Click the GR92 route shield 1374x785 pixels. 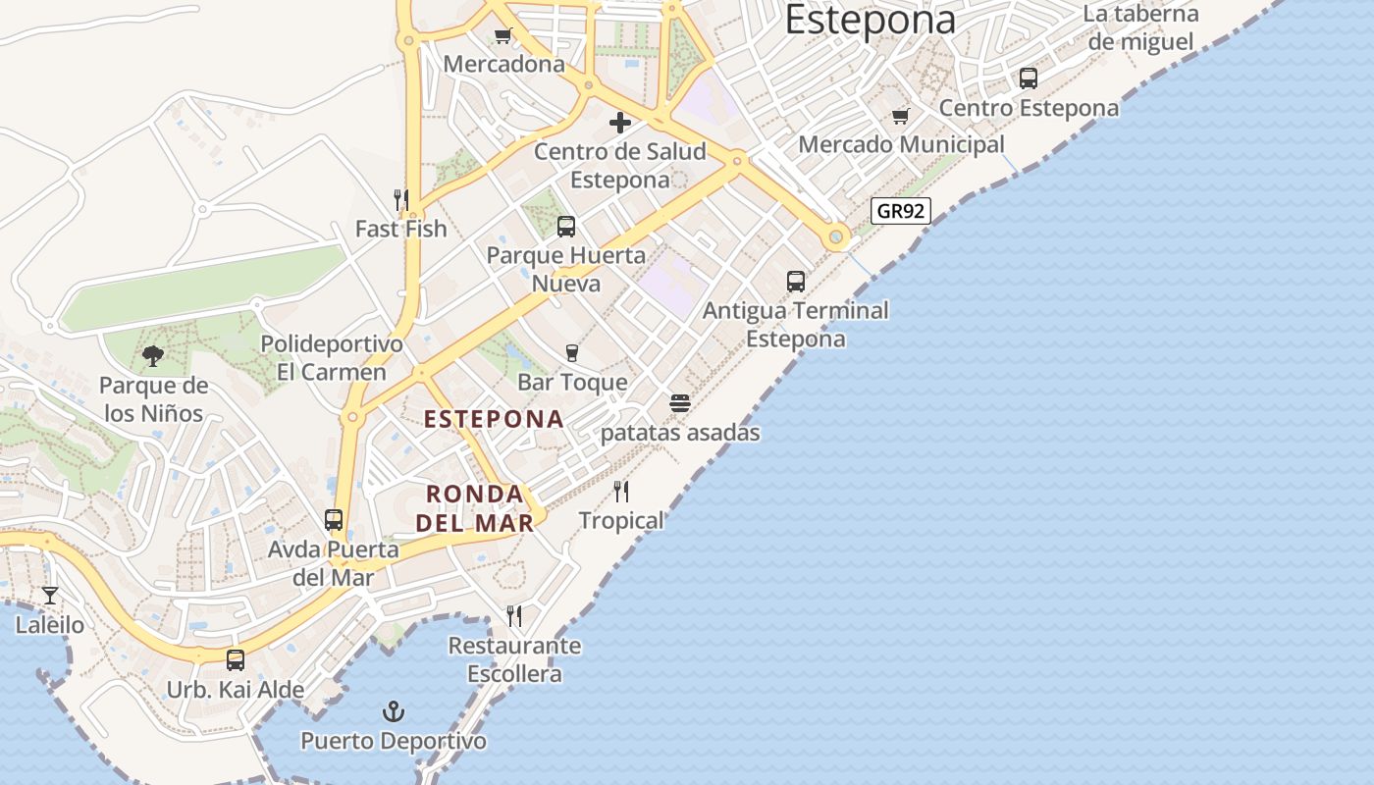point(900,211)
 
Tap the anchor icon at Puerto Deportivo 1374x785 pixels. point(394,710)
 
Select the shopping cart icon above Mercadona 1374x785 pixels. point(503,36)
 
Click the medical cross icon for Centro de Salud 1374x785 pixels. point(620,123)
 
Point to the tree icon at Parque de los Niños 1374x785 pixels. point(152,356)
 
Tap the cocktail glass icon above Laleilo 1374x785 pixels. point(50,595)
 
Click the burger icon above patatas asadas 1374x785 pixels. point(680,403)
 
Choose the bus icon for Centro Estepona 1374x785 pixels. point(1029,78)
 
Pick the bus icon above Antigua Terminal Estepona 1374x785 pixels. point(796,282)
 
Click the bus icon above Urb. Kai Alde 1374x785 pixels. point(236,660)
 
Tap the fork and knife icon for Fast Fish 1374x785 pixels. point(400,200)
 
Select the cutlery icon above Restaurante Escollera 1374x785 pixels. point(514,616)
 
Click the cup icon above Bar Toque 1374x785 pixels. point(572,353)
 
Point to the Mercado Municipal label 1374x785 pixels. point(901,145)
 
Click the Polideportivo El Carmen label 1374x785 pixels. point(332,358)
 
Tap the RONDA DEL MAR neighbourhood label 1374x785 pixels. point(476,507)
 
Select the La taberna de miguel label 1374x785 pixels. point(1141,27)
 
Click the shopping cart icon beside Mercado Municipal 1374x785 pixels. point(901,117)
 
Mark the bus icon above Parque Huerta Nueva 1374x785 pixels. point(566,227)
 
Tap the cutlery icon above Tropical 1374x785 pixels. point(621,491)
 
